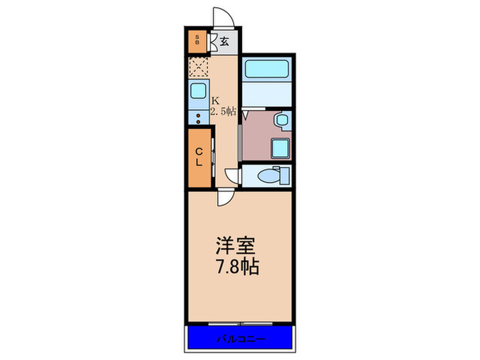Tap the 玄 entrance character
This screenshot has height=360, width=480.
click(224, 42)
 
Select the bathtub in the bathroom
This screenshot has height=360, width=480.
click(267, 69)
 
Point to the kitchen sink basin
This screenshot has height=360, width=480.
click(198, 91)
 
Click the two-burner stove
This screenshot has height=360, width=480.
click(198, 117)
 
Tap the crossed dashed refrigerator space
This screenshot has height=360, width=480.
click(199, 67)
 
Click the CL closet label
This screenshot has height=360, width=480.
click(198, 157)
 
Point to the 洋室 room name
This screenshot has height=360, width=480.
click(234, 245)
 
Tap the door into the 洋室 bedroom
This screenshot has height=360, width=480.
click(224, 197)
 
